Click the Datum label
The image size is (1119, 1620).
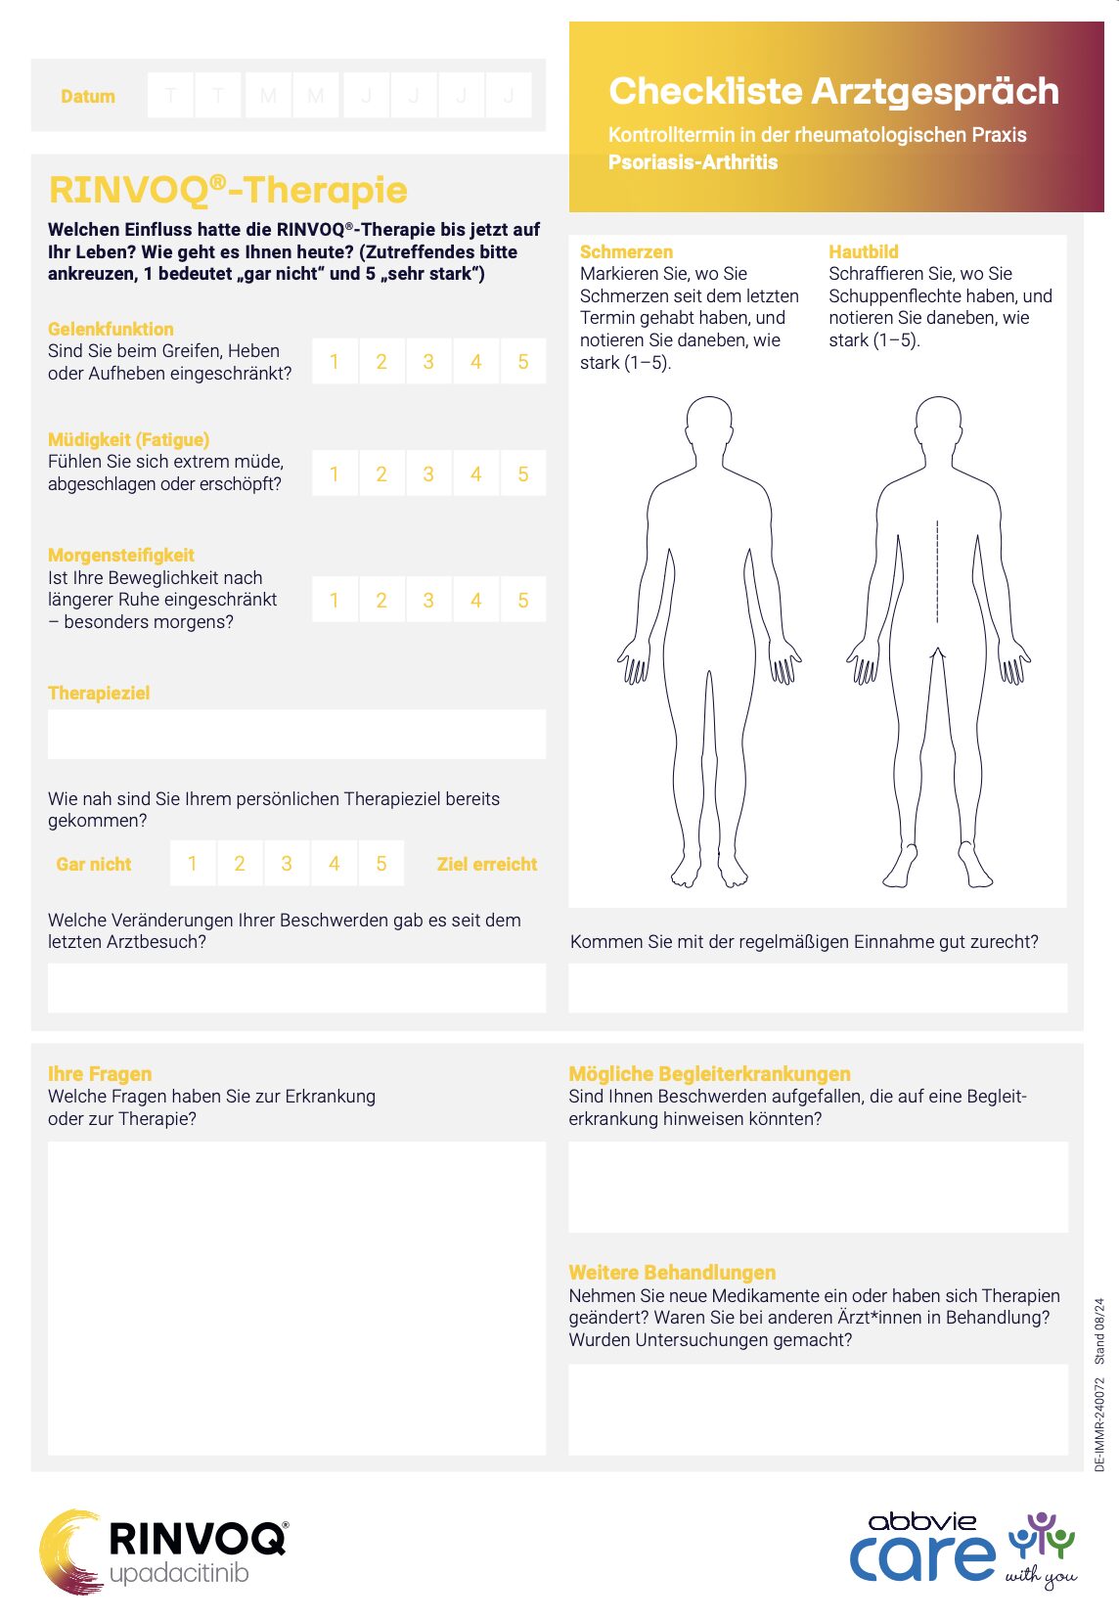[88, 96]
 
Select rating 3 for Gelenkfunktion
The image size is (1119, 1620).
[428, 362]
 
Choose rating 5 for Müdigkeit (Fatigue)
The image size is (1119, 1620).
[523, 474]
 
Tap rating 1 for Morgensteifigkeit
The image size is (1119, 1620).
[335, 600]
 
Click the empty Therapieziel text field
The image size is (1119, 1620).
[296, 734]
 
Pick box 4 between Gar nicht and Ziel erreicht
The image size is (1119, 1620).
[335, 864]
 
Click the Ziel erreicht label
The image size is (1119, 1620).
[486, 864]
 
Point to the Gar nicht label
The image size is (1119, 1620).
[94, 864]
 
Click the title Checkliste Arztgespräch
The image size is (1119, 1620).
[833, 91]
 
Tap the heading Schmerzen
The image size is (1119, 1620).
[626, 251]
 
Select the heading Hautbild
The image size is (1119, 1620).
[863, 251]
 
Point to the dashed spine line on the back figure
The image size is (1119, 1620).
[937, 572]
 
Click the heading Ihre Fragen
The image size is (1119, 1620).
[100, 1073]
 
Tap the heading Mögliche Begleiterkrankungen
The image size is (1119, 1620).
[709, 1073]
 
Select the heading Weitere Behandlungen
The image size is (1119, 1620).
[672, 1272]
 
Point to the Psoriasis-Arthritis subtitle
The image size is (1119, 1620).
[693, 162]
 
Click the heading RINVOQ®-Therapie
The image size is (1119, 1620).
[228, 190]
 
